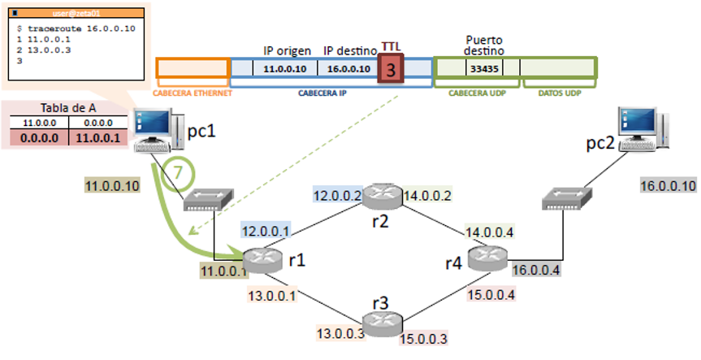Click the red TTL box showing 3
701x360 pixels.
click(391, 71)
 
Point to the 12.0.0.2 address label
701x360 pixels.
click(335, 196)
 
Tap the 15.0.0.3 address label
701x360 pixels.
click(426, 337)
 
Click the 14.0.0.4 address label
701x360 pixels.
click(488, 233)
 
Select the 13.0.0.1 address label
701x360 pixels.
click(270, 295)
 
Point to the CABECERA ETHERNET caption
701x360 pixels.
click(193, 93)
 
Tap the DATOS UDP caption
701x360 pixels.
click(560, 93)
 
